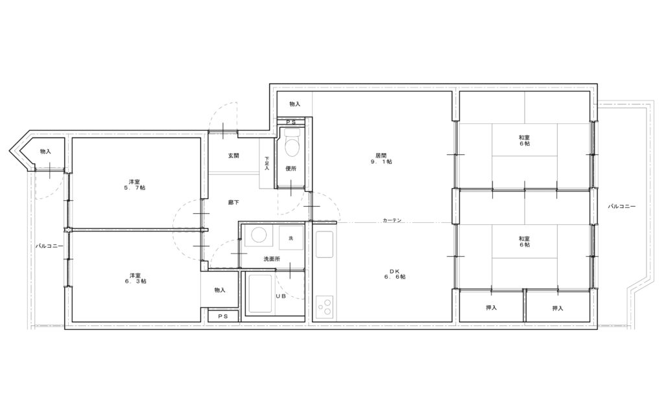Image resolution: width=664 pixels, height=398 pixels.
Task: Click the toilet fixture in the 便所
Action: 291,142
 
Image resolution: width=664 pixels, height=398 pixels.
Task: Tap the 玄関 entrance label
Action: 233,156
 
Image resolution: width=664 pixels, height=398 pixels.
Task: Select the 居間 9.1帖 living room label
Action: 381,158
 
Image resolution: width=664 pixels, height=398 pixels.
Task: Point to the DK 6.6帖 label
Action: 395,274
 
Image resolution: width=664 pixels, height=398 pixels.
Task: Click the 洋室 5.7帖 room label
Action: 135,185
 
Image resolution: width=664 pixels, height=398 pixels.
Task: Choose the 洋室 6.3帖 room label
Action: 136,277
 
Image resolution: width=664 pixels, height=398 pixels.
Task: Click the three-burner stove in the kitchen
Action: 326,307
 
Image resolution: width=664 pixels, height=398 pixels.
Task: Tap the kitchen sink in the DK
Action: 325,244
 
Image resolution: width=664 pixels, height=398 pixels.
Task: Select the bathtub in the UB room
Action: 260,295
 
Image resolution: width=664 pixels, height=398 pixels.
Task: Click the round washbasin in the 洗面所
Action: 257,235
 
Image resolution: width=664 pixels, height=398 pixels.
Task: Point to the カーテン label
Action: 392,220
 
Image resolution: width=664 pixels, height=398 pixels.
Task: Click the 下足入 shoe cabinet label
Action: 267,163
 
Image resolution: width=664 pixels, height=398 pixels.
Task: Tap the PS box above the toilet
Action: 291,122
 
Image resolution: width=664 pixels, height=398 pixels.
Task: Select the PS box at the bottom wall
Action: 223,316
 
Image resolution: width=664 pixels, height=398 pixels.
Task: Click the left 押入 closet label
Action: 492,308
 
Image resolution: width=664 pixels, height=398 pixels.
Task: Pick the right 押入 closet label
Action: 558,309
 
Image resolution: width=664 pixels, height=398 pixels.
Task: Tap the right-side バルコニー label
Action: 622,207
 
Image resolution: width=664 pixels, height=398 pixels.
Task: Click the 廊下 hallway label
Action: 233,202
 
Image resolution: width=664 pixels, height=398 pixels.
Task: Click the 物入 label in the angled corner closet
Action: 45,151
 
